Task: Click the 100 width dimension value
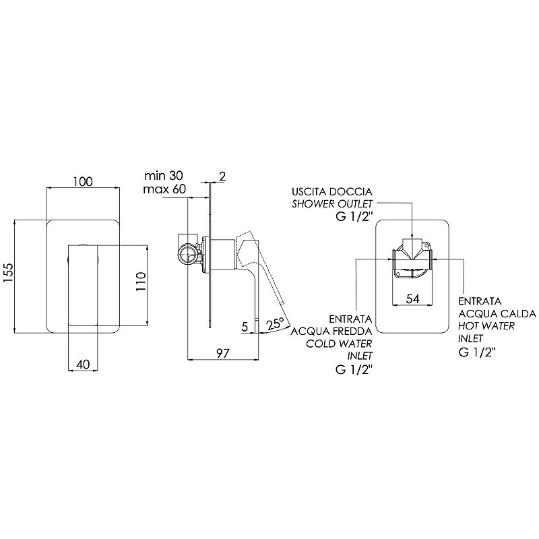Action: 83,181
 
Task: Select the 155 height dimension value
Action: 8,273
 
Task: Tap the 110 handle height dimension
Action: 141,281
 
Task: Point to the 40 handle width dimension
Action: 83,364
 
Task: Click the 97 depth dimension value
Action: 222,352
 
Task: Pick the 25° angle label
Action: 275,324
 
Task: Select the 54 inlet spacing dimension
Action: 412,298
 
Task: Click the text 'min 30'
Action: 164,176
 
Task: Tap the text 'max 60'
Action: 164,189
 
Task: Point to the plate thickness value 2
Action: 222,177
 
